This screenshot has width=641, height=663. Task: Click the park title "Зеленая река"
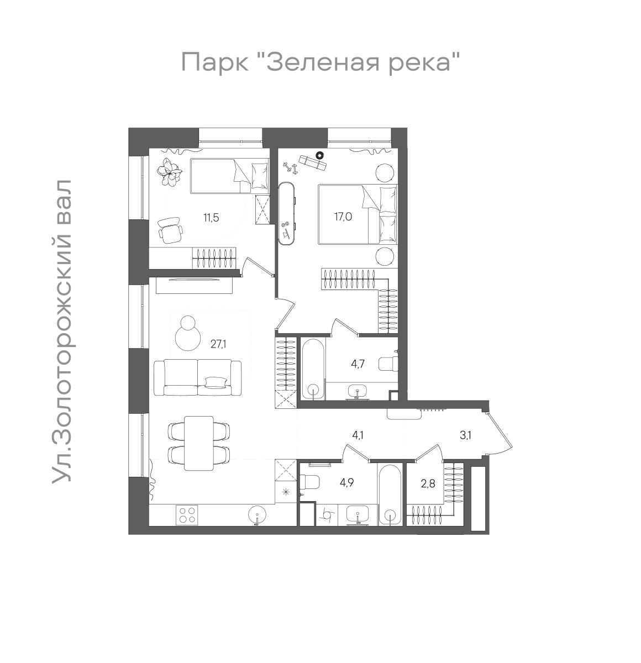tap(321, 62)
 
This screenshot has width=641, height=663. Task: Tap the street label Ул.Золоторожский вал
tap(62, 332)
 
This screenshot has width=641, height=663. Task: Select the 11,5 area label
tap(211, 218)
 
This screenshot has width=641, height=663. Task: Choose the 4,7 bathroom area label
tap(359, 364)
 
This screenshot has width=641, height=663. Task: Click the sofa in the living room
tap(197, 377)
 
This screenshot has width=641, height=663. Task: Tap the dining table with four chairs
tap(198, 443)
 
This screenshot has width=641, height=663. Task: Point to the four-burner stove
tap(186, 515)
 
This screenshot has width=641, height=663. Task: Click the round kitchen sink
tap(258, 515)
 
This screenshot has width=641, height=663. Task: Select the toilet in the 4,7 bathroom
tap(388, 364)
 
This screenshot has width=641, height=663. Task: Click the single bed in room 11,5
tap(229, 176)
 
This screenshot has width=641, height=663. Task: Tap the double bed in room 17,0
tap(357, 214)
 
